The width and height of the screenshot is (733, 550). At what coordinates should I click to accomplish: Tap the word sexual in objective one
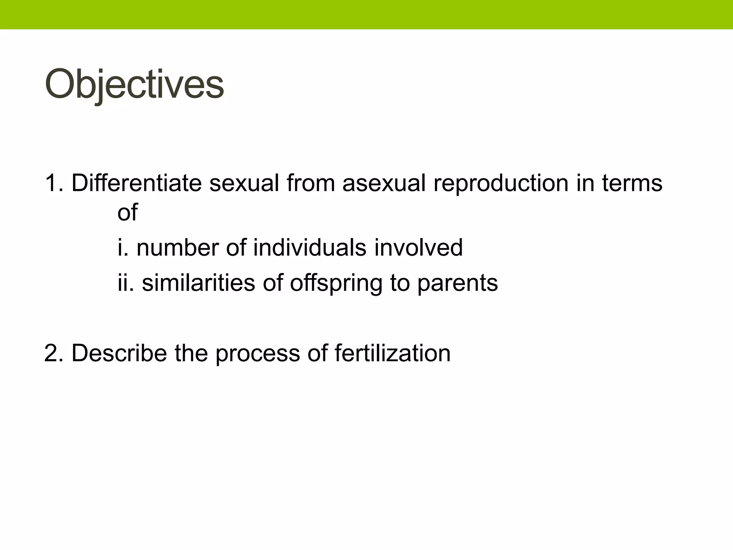(x=244, y=183)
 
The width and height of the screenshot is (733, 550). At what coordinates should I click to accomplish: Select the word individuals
(x=310, y=247)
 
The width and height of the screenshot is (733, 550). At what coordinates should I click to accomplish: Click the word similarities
(x=198, y=283)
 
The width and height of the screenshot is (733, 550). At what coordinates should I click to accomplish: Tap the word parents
(x=457, y=283)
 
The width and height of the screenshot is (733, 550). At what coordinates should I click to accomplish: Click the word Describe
(x=119, y=353)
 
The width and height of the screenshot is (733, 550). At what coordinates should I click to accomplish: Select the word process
(x=257, y=353)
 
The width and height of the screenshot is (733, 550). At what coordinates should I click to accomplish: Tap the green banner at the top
(x=366, y=14)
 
